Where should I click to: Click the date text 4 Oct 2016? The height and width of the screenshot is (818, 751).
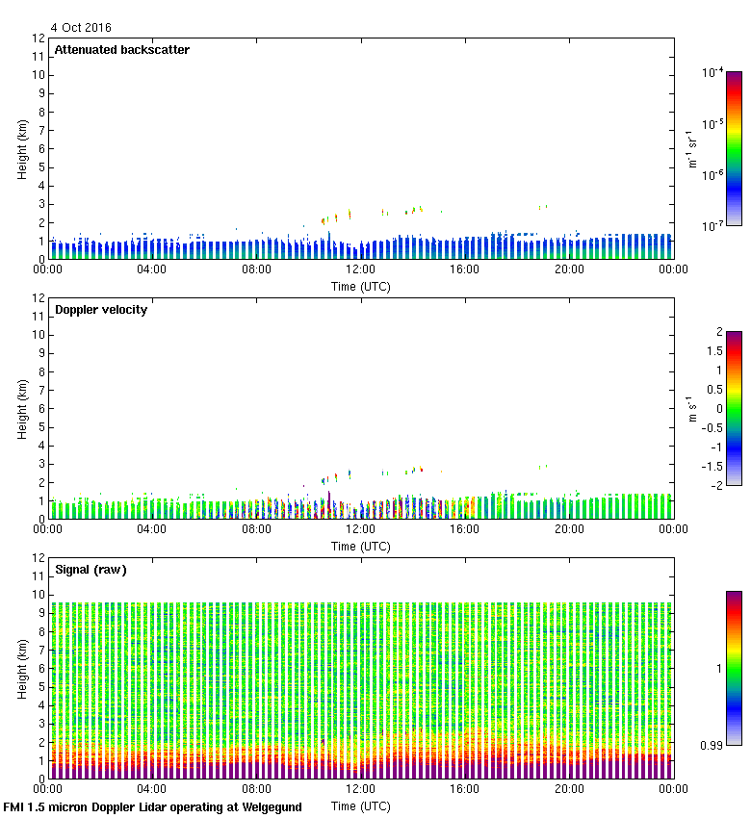click(81, 28)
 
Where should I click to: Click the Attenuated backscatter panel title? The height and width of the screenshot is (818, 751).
click(121, 50)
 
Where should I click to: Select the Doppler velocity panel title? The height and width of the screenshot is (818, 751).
click(100, 310)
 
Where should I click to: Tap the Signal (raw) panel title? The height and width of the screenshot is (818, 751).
click(91, 570)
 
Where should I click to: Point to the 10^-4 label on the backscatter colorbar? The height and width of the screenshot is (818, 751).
click(713, 72)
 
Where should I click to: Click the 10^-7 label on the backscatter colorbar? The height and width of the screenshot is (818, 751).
click(713, 225)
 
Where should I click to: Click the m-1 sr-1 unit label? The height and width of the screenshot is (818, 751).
click(692, 149)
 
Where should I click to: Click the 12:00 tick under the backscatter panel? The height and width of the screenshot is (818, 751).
click(361, 270)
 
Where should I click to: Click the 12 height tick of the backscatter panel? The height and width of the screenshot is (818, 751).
click(39, 38)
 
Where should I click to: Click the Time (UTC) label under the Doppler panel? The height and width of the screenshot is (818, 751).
click(361, 546)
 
